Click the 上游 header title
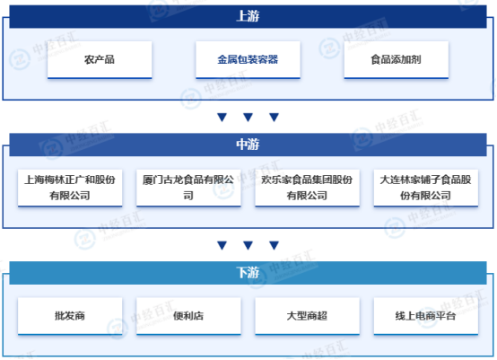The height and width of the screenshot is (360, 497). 248,16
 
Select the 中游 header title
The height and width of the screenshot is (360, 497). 248,145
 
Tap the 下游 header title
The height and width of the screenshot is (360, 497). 248,272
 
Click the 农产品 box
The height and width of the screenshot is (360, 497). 100,59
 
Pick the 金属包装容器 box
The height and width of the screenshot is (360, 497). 248,59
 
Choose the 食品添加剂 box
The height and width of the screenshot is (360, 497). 397,59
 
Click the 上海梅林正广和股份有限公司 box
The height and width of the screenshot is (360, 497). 70,188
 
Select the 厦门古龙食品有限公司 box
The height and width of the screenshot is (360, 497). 188,188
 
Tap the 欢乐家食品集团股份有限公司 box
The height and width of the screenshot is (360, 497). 307,188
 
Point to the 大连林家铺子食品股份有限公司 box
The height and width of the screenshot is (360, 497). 426,188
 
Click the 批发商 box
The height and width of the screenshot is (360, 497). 70,316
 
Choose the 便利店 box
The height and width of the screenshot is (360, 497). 188,316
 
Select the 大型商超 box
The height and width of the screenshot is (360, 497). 307,316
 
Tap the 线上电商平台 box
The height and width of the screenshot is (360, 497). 426,316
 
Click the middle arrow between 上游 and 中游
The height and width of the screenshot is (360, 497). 248,118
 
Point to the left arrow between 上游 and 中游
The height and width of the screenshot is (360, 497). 222,118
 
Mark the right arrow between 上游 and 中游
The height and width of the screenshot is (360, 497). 274,118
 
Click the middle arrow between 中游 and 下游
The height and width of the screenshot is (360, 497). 248,245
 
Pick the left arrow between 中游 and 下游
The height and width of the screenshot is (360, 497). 222,245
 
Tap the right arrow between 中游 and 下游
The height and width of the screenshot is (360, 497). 274,245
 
